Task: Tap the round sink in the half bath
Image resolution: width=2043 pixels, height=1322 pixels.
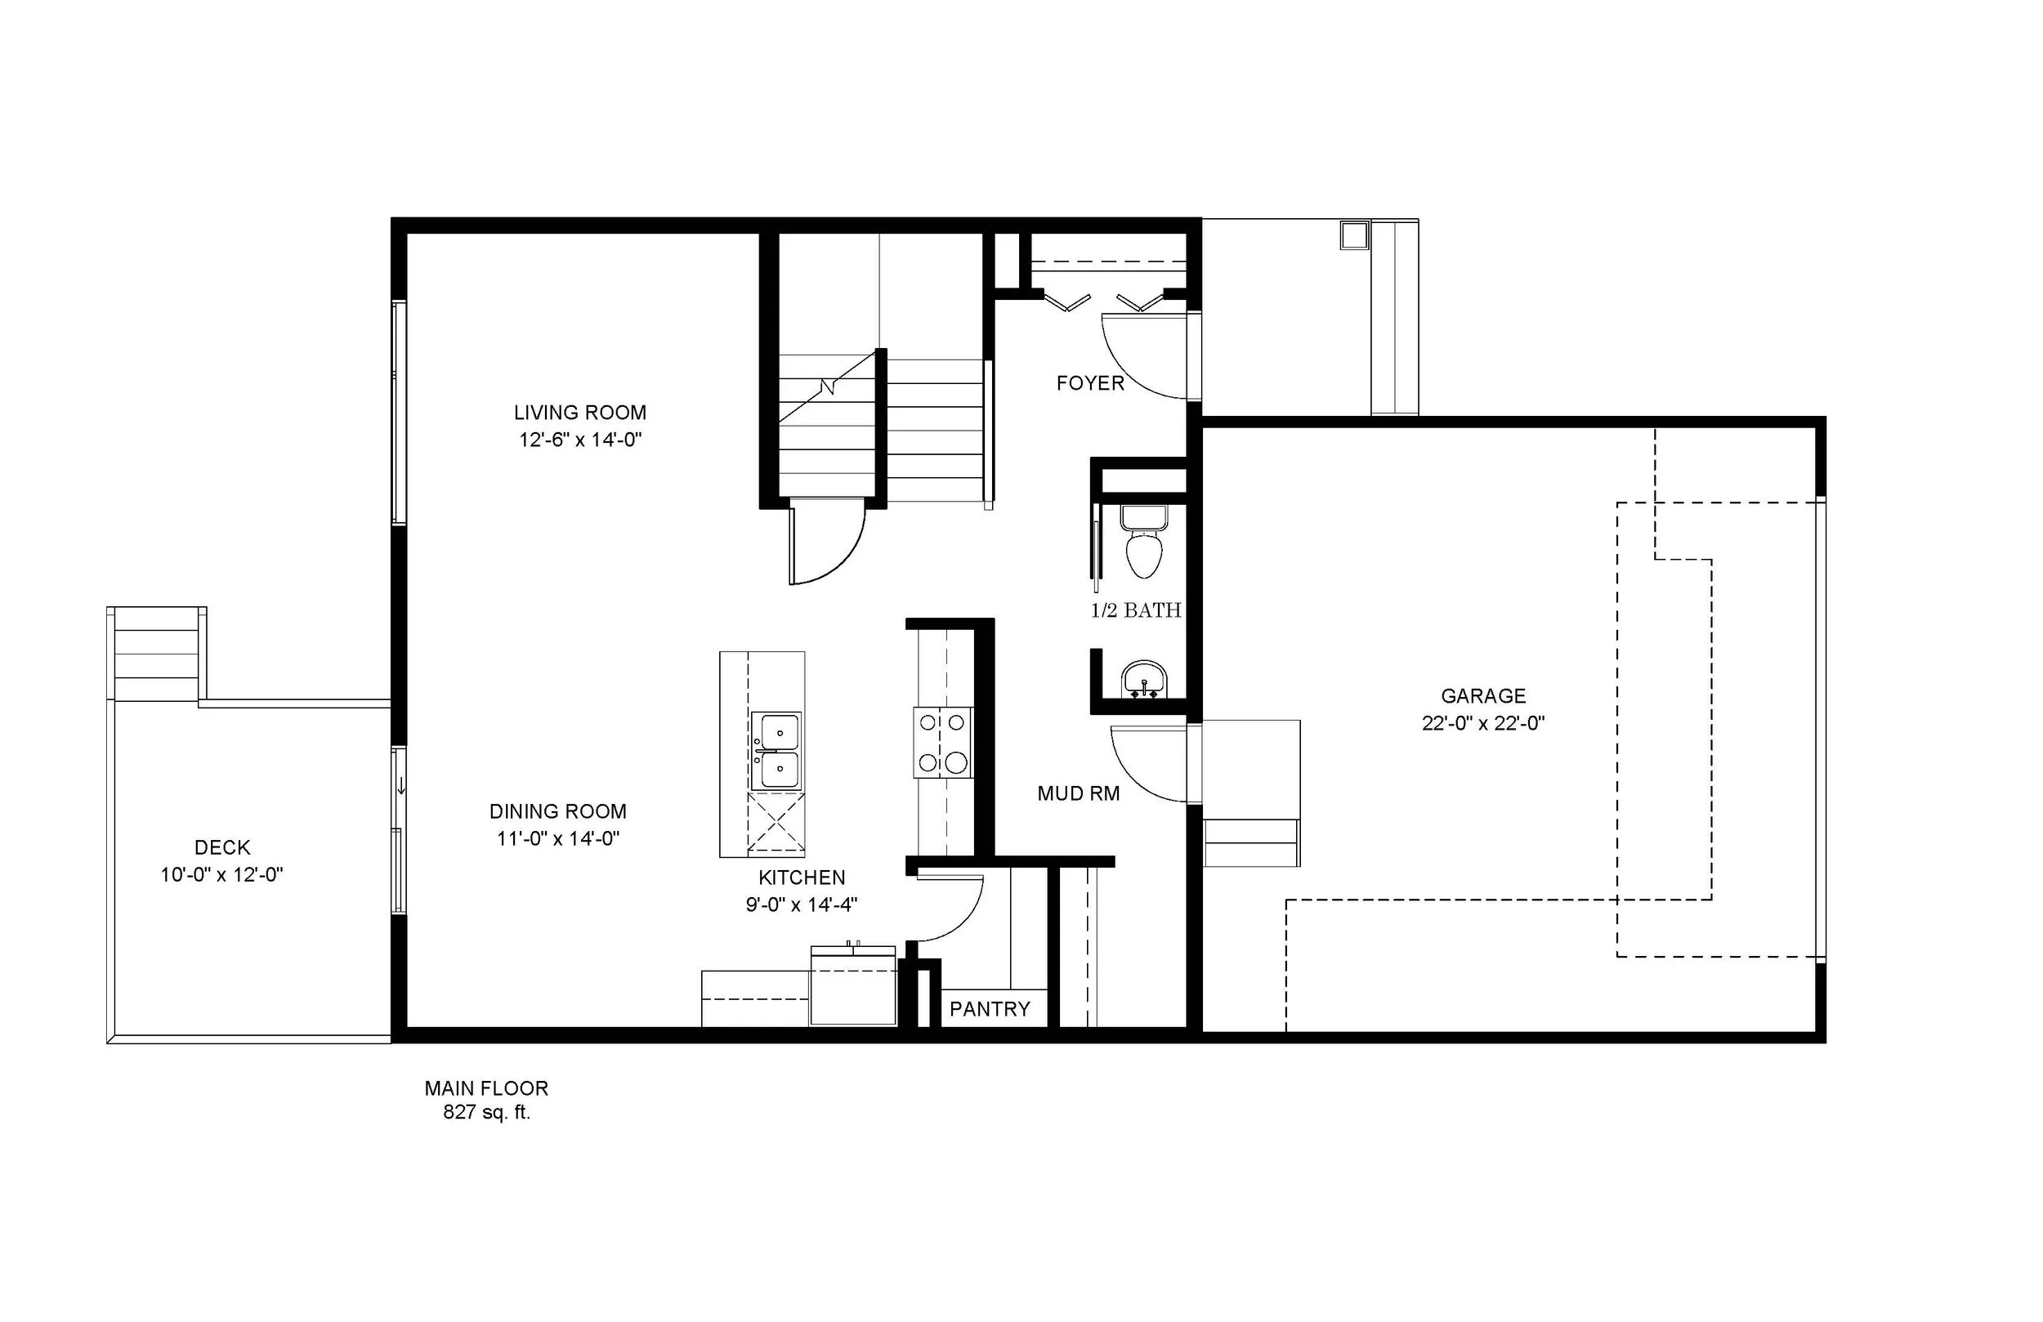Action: click(x=1143, y=680)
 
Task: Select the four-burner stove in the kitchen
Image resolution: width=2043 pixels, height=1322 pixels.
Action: click(x=943, y=743)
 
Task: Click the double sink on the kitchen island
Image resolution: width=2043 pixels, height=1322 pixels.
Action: click(x=776, y=750)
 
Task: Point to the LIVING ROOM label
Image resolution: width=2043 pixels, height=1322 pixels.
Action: click(x=579, y=412)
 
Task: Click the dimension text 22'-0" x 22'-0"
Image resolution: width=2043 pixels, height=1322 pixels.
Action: click(x=1482, y=724)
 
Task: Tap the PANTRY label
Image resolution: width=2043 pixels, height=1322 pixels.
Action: click(x=989, y=1010)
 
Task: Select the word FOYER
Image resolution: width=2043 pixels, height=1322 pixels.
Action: click(x=1090, y=384)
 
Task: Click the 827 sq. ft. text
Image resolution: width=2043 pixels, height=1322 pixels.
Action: click(x=487, y=1113)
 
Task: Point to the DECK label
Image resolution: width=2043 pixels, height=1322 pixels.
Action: click(x=222, y=847)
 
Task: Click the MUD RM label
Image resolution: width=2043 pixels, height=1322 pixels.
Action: click(x=1078, y=794)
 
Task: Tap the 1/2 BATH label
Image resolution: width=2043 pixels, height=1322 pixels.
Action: click(x=1136, y=610)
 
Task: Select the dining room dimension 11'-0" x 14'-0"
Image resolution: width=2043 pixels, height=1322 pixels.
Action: click(x=558, y=838)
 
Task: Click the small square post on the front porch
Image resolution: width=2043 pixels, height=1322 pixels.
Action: click(x=1354, y=235)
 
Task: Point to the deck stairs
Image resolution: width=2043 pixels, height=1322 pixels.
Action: click(x=156, y=654)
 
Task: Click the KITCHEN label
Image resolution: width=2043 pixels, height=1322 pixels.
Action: click(x=801, y=878)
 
